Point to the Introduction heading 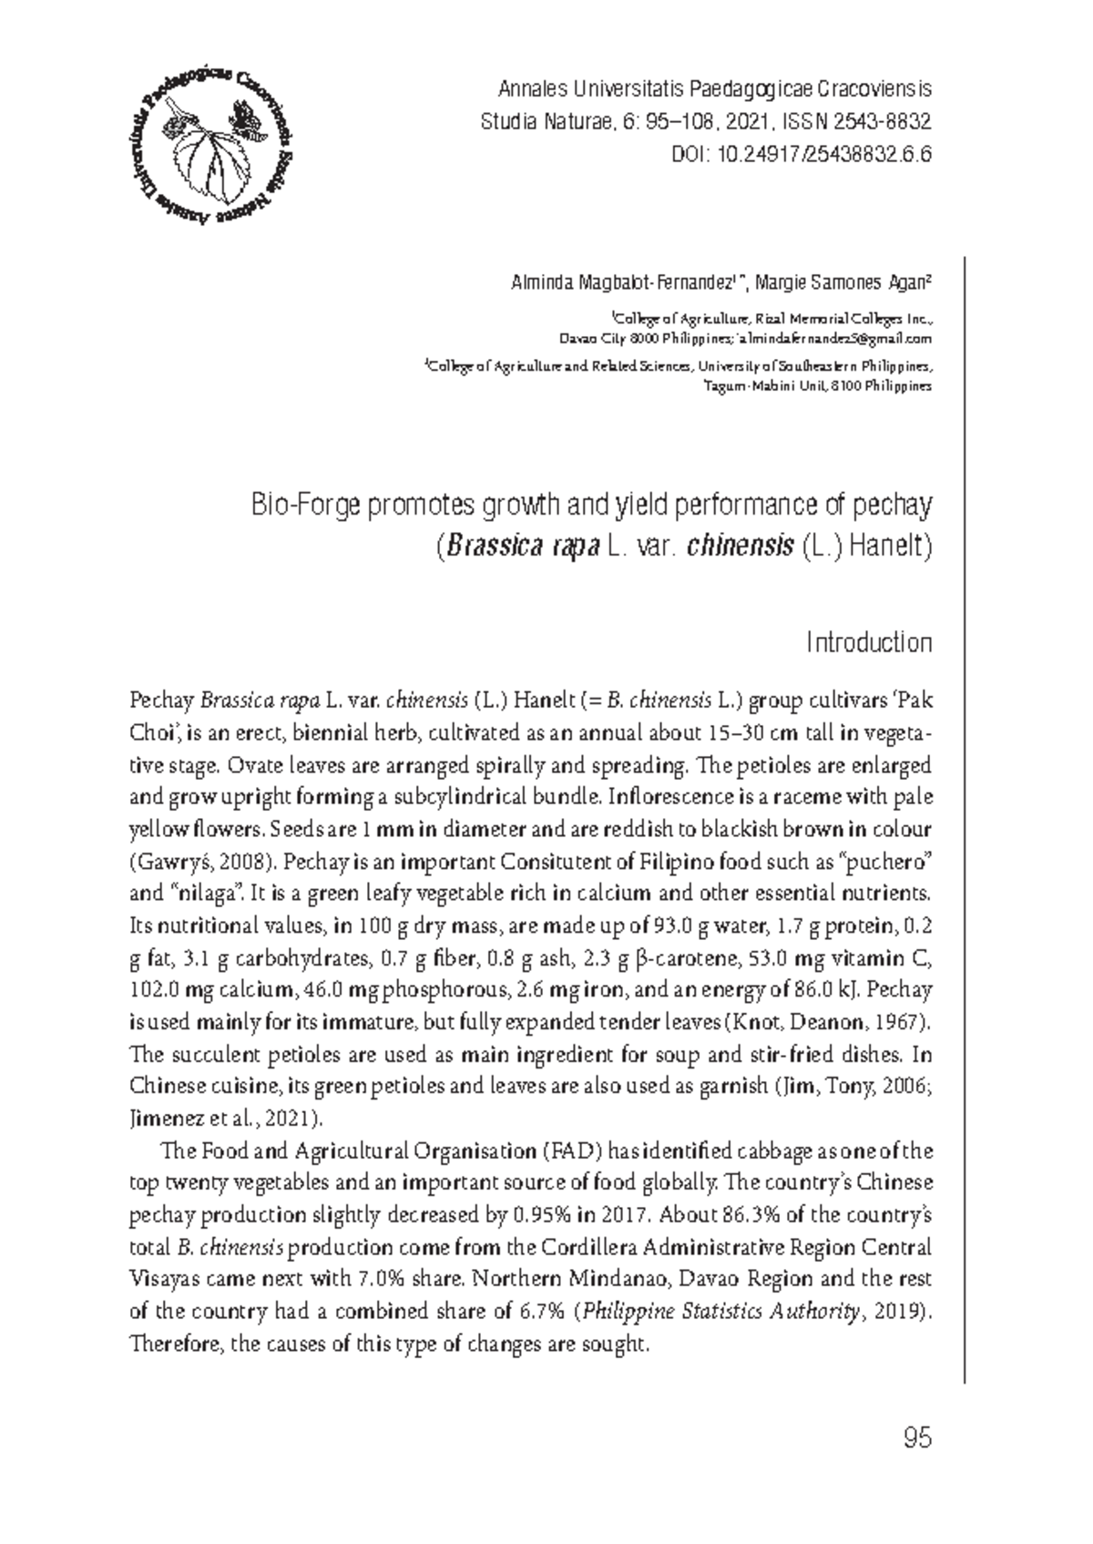click(x=869, y=643)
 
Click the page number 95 click(x=916, y=1439)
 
